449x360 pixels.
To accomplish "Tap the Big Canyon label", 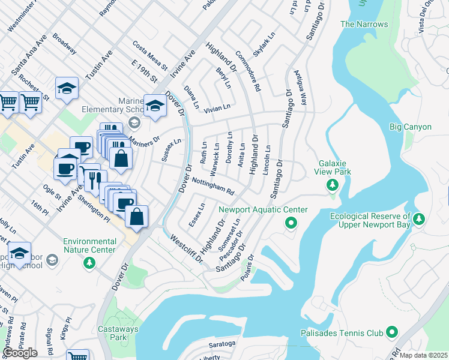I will coord(410,127).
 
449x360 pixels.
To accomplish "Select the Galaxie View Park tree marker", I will coord(331,184).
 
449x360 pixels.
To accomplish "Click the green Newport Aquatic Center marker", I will coord(291,223).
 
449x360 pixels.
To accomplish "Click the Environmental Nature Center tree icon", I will coord(89,262).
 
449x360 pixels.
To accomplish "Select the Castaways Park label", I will coord(119,334).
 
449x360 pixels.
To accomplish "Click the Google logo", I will coord(20,353).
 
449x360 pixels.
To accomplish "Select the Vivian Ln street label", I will coord(217,107).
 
